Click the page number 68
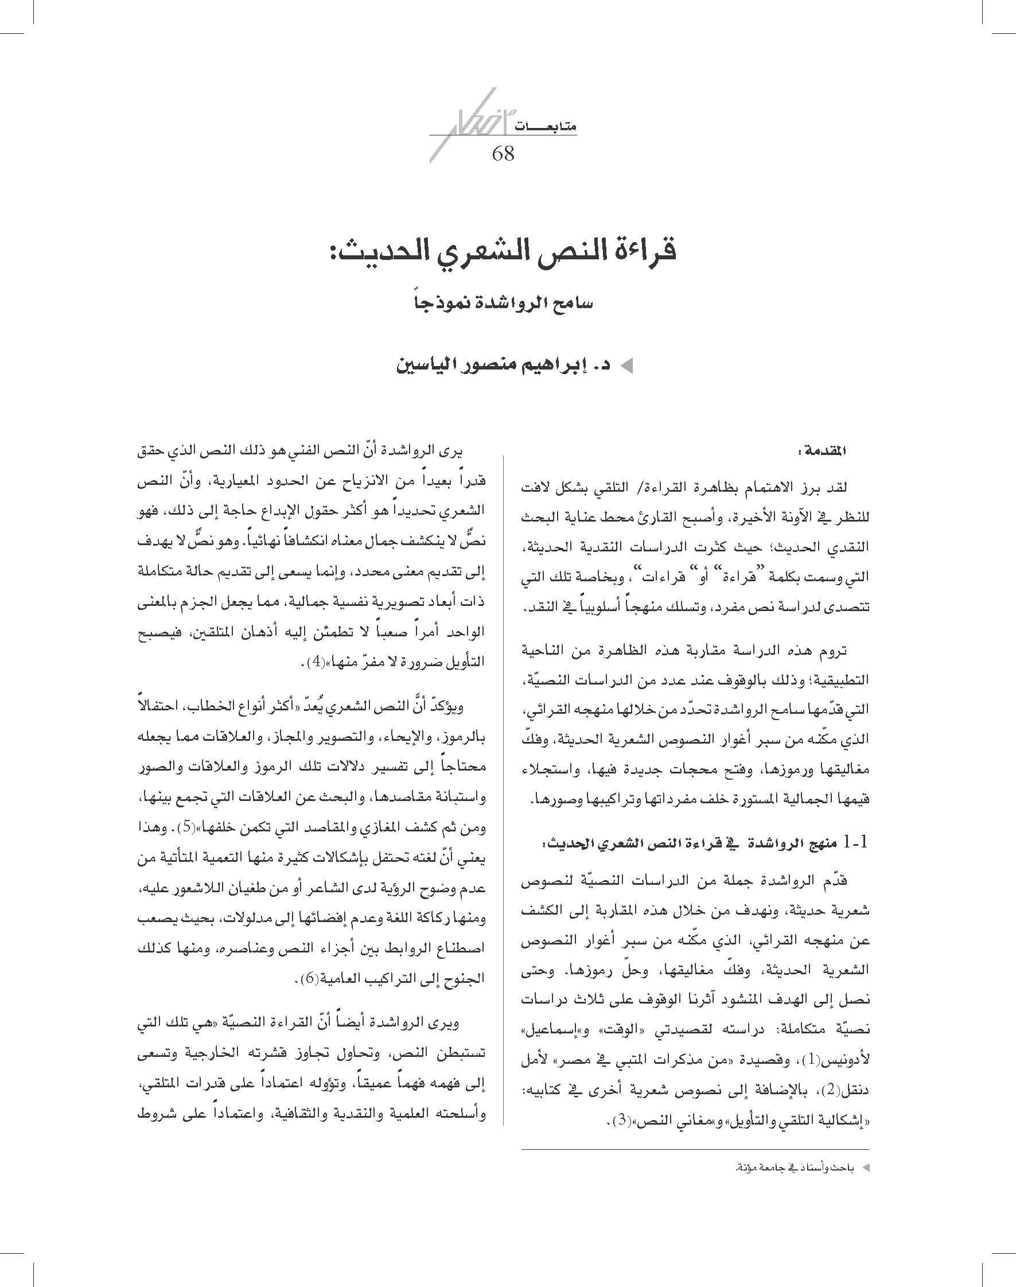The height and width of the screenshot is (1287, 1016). [x=503, y=154]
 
